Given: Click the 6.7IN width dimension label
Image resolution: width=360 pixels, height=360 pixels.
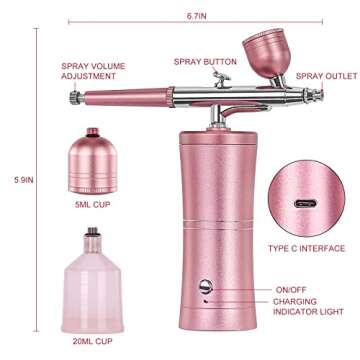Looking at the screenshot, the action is pyautogui.click(x=197, y=16).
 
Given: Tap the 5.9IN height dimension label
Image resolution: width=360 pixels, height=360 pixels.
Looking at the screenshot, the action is pyautogui.click(x=24, y=180).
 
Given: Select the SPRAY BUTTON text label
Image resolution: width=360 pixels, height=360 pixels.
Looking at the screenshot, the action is pyautogui.click(x=205, y=62).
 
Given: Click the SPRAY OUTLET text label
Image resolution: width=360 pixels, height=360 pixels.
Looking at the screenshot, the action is pyautogui.click(x=327, y=76).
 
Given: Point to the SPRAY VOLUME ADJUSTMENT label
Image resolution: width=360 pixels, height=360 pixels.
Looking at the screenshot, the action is pyautogui.click(x=93, y=71).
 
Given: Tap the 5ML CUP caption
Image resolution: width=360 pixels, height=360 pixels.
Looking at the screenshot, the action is pyautogui.click(x=92, y=204).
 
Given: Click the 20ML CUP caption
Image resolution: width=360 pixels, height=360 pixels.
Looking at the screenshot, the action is pyautogui.click(x=93, y=341).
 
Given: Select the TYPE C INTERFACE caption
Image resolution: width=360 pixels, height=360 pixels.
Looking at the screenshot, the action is pyautogui.click(x=306, y=248).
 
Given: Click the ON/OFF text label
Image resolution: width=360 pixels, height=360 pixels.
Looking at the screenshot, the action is pyautogui.click(x=291, y=290).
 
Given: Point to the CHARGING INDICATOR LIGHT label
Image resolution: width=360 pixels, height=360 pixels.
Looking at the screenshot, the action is pyautogui.click(x=308, y=307).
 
